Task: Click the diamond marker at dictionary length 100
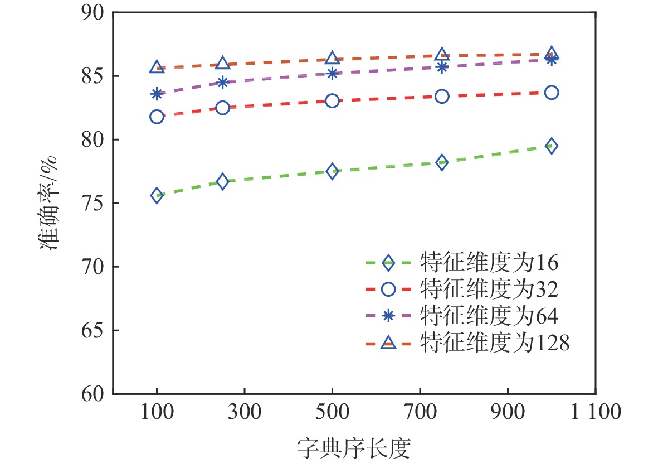pos(157,195)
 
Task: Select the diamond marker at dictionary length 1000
pos(552,146)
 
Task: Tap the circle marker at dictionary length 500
pos(332,101)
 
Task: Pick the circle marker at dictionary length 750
pos(442,97)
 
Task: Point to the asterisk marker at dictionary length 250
pos(222,83)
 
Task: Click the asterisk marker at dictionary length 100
pos(157,94)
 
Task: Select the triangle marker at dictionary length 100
pos(157,67)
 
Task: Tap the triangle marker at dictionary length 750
pos(442,54)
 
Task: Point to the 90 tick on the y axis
pos(91,12)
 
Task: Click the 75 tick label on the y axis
pos(91,203)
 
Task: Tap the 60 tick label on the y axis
pos(91,394)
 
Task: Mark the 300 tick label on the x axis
pos(245,413)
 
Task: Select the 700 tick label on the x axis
pos(420,413)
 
